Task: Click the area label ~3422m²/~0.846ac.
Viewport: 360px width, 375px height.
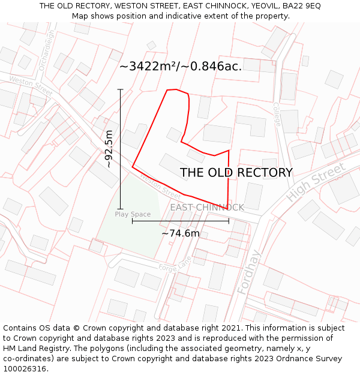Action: tap(181, 67)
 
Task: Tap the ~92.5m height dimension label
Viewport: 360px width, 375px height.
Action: tap(109, 149)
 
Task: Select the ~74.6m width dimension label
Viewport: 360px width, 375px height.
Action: tap(180, 233)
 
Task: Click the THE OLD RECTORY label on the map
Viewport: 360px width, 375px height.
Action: tap(236, 173)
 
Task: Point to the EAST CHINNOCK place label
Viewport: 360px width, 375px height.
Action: tap(207, 208)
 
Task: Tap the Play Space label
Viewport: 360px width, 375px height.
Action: tap(133, 214)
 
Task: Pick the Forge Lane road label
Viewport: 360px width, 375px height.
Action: tap(175, 264)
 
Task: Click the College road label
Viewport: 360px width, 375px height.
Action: tap(277, 113)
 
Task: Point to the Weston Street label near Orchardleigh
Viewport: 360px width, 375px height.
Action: tap(31, 86)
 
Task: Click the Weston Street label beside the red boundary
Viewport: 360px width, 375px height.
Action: tap(160, 187)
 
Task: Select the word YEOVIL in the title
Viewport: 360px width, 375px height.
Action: tap(263, 5)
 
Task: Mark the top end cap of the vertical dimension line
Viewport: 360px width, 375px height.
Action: tap(121, 89)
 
